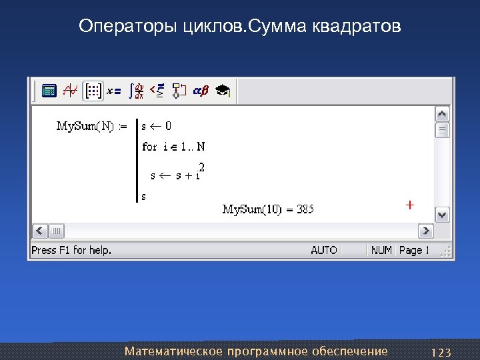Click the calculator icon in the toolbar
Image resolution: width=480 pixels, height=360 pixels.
pos(49,91)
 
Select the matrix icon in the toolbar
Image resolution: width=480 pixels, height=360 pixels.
pos(93,91)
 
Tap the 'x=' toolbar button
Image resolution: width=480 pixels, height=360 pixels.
pos(114,91)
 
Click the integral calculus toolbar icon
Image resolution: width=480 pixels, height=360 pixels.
pos(136,91)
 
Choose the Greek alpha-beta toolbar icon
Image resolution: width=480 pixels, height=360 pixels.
pos(200,91)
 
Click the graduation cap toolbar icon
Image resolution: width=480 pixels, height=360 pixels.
pos(223,91)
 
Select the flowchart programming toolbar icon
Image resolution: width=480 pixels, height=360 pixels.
pos(179,91)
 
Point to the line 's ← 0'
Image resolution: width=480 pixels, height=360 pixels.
pos(157,125)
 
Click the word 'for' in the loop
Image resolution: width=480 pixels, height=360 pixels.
pos(149,147)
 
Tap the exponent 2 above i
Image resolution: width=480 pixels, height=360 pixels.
pos(201,166)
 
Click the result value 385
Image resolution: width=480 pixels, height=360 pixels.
pos(305,209)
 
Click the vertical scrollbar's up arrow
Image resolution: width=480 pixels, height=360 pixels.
pos(443,114)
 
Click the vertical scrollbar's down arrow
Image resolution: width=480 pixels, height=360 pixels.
pos(443,215)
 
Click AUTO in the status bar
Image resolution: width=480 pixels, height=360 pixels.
pos(324,250)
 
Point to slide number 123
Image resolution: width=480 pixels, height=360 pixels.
pos(441,352)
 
